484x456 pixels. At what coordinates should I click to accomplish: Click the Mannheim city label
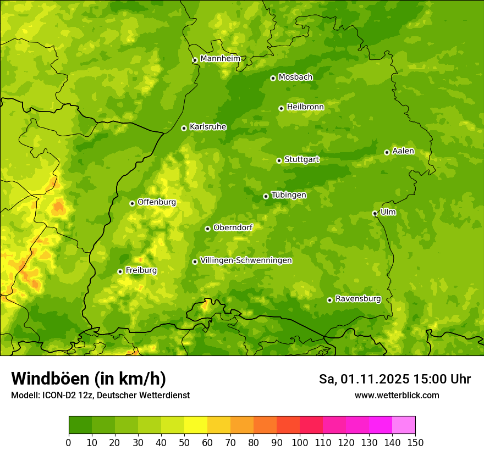[220, 59]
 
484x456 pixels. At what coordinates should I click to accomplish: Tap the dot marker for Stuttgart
[279, 160]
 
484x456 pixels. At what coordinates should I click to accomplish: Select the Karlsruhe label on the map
[207, 127]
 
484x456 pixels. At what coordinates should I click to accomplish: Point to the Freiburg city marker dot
[120, 271]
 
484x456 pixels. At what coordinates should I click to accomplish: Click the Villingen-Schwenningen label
[246, 260]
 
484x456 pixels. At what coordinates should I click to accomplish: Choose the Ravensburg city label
[358, 299]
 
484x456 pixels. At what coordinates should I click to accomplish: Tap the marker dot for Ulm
[375, 213]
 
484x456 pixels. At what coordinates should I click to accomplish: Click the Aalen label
[403, 151]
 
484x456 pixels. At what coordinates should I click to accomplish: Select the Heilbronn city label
[305, 107]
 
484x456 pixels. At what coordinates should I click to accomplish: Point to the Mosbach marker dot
[273, 78]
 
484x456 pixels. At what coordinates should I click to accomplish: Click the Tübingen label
[288, 195]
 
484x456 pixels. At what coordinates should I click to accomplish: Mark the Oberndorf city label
[233, 227]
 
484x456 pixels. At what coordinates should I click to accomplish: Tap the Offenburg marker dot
[132, 203]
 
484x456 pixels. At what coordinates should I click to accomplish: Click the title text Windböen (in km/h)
[88, 379]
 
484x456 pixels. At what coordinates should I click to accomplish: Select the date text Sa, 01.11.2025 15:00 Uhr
[394, 379]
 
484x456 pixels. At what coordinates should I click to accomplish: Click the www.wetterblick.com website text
[397, 395]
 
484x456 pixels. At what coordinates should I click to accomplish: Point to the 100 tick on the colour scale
[300, 442]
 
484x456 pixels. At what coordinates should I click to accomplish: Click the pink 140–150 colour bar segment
[404, 425]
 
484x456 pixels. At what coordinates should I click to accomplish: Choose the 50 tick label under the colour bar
[184, 442]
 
